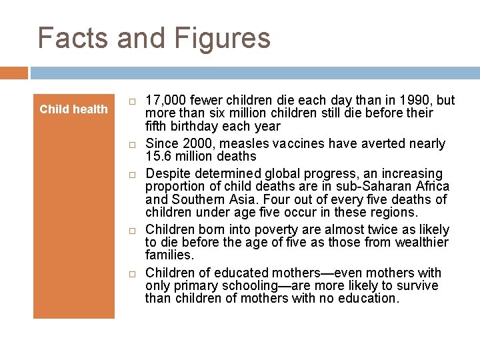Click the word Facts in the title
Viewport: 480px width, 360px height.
73,38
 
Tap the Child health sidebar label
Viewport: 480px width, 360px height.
73,109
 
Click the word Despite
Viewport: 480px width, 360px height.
167,173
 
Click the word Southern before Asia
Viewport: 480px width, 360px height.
197,199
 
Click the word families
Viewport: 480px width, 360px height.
169,255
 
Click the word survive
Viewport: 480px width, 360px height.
416,285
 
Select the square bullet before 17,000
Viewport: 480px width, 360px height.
133,101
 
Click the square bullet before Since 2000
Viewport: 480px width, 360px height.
133,144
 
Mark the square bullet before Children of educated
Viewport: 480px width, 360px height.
133,273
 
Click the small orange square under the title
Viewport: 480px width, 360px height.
14,73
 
